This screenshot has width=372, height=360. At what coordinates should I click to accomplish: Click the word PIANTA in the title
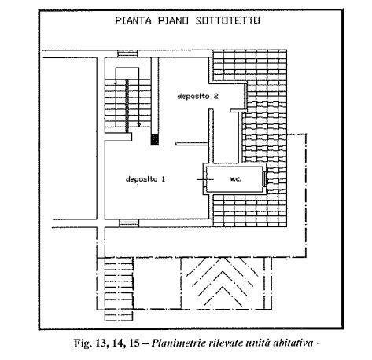(134, 20)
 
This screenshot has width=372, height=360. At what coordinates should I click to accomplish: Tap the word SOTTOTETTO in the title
(228, 20)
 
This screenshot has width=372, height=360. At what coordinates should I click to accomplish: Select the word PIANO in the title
(173, 20)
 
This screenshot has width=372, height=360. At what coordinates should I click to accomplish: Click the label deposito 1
(145, 179)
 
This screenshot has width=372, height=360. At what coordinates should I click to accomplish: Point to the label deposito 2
(197, 96)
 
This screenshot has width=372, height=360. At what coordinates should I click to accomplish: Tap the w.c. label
(235, 179)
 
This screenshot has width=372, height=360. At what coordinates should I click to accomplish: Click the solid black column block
(155, 139)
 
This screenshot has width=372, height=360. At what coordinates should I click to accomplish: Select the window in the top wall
(127, 53)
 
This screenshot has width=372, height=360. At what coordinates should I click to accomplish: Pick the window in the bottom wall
(129, 223)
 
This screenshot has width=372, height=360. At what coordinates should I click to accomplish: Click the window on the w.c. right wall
(265, 179)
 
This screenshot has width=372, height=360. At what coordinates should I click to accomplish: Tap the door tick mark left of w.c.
(205, 179)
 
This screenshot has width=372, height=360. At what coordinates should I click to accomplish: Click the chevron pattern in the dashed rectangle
(223, 282)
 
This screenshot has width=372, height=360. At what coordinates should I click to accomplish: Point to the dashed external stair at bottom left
(119, 289)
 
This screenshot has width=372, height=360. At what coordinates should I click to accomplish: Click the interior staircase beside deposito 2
(128, 103)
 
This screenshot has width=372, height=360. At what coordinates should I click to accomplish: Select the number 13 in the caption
(100, 343)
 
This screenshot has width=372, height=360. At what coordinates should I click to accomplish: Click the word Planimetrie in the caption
(179, 343)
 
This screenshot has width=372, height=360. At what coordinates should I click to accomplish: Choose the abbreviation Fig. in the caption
(83, 343)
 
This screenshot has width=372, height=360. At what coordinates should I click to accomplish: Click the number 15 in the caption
(134, 343)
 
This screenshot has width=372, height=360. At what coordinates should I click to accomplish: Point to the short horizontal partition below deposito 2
(192, 144)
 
